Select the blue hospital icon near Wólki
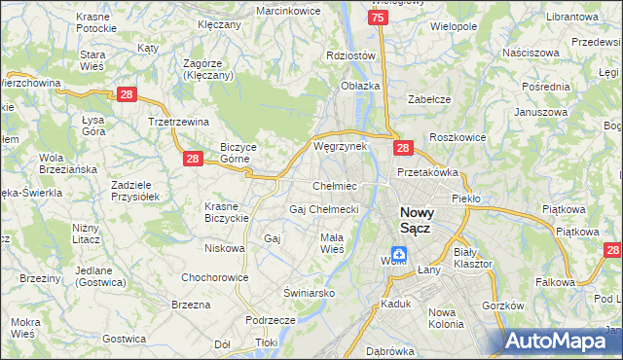click(x=399, y=253)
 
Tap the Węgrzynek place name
click(x=340, y=146)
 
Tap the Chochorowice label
click(x=211, y=277)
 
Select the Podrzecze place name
click(x=271, y=320)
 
